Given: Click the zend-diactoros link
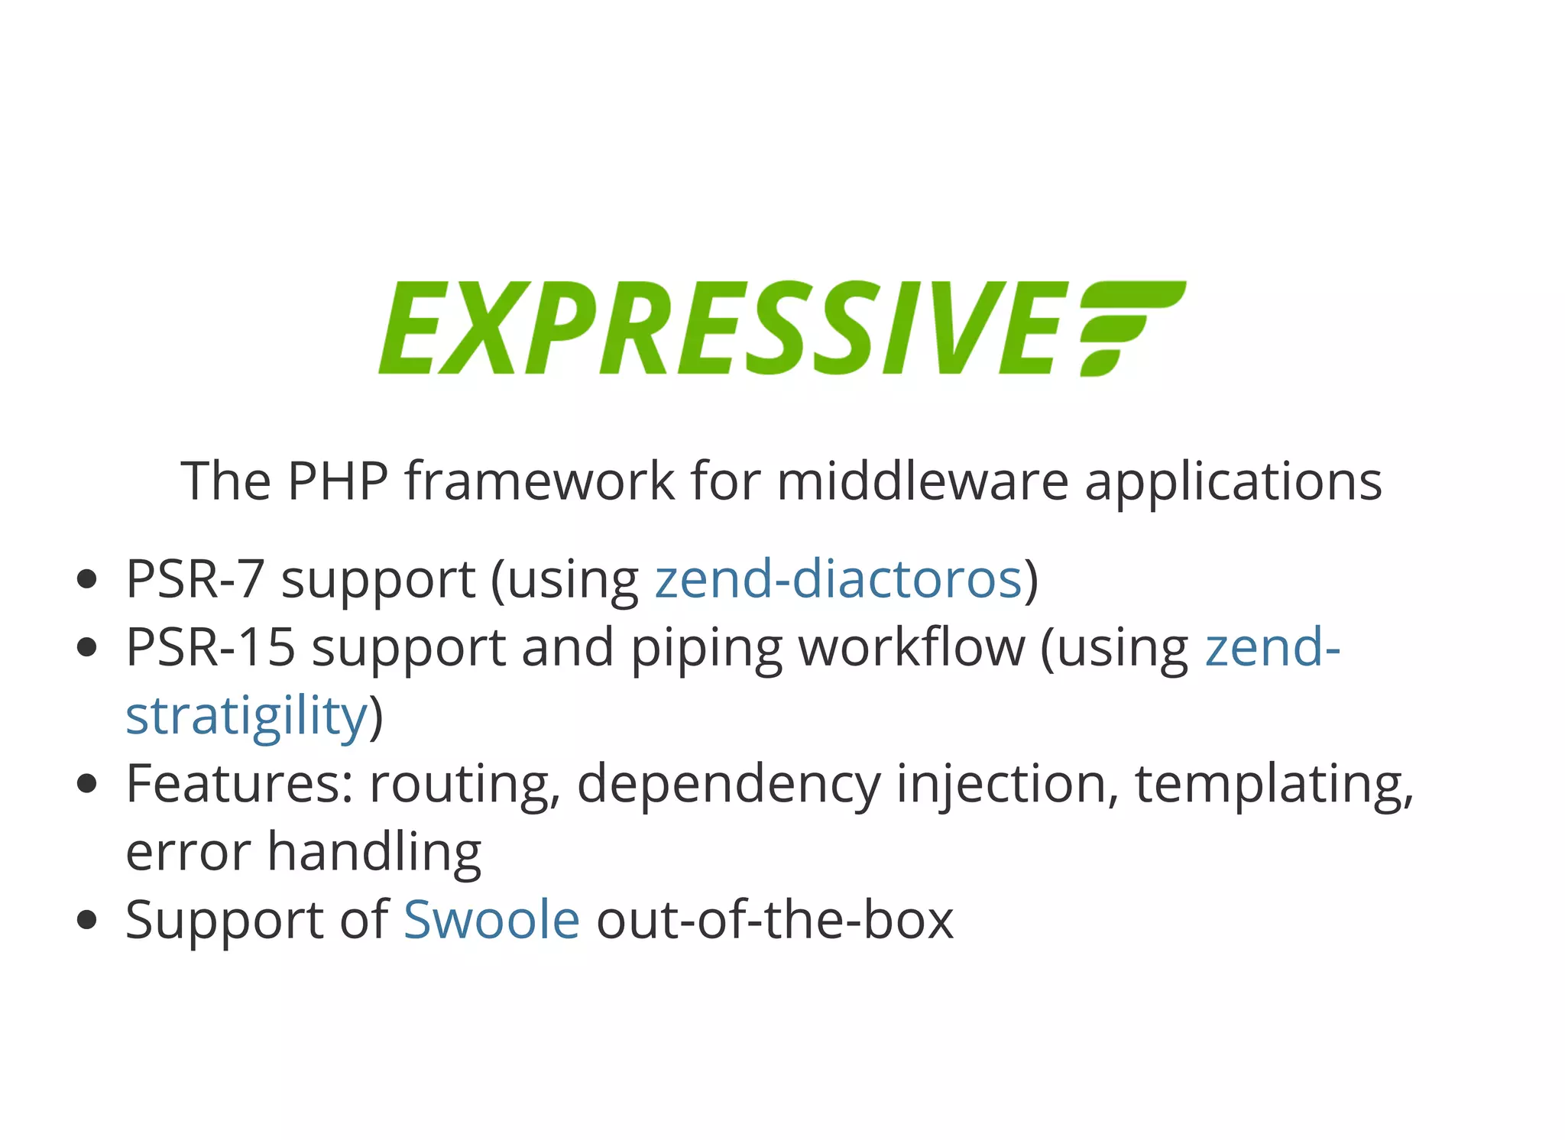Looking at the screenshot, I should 838,579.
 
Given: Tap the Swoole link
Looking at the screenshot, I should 491,919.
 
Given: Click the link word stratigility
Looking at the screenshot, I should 247,716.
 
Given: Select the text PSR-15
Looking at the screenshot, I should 210,647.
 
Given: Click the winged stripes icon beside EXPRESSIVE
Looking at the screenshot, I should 1131,327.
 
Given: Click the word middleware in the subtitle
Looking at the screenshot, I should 922,481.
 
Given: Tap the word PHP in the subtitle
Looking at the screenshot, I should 337,481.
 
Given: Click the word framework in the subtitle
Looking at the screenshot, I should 539,481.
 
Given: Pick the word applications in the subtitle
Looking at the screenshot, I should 1233,483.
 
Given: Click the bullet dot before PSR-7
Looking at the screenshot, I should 87,579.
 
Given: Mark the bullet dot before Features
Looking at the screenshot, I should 87,784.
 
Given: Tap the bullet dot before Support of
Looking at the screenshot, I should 87,919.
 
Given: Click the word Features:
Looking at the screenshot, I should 239,784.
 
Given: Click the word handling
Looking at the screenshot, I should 374,853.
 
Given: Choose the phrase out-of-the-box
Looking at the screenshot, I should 774,919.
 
